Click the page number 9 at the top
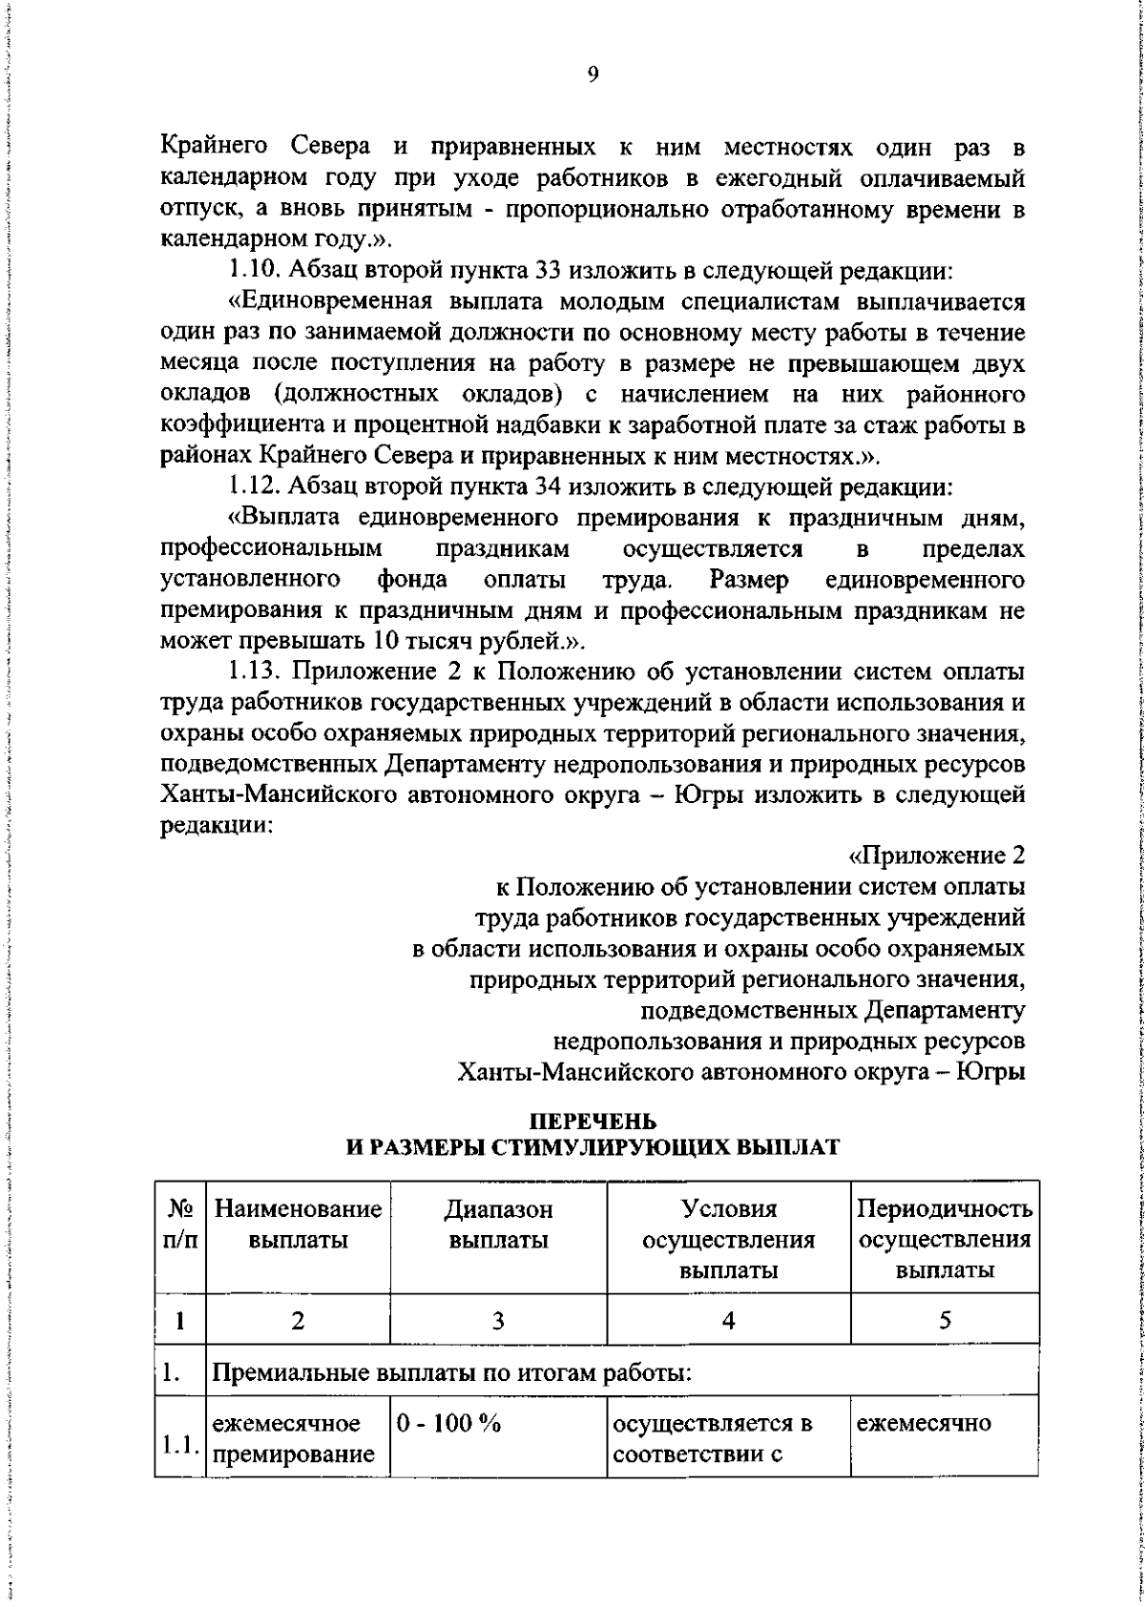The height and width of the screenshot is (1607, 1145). (593, 77)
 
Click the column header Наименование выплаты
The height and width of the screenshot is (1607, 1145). (298, 1226)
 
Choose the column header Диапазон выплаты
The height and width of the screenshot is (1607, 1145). (498, 1226)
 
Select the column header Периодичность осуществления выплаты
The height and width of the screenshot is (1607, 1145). (945, 1240)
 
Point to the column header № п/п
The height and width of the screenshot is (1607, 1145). (180, 1226)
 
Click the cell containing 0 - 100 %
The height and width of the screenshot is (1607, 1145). (448, 1424)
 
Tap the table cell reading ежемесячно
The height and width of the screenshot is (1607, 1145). (924, 1424)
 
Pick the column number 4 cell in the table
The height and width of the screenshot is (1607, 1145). (728, 1320)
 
